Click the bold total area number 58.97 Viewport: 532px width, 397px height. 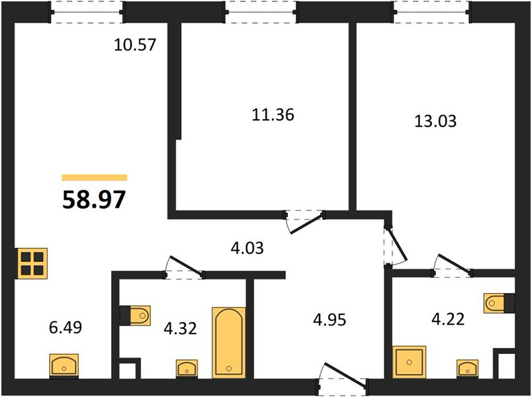tap(94, 200)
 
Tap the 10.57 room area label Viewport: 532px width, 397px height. tap(135, 45)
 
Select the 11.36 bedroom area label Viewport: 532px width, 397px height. tap(273, 114)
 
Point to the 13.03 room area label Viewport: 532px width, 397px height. tap(435, 121)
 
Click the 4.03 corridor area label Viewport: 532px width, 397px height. tap(247, 248)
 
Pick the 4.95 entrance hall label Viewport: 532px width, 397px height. tap(330, 320)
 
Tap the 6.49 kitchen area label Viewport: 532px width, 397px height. tap(66, 328)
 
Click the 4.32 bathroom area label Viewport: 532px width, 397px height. tap(180, 328)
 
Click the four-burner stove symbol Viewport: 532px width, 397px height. tap(32, 263)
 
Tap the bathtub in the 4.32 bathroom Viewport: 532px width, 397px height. tap(229, 343)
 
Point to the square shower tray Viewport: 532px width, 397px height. tap(409, 362)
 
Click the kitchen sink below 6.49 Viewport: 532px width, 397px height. tap(64, 365)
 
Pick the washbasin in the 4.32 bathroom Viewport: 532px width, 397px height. tap(187, 368)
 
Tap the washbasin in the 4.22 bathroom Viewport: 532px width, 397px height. tap(468, 368)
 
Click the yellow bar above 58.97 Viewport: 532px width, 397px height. tap(95, 178)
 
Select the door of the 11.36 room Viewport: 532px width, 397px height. tap(304, 222)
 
